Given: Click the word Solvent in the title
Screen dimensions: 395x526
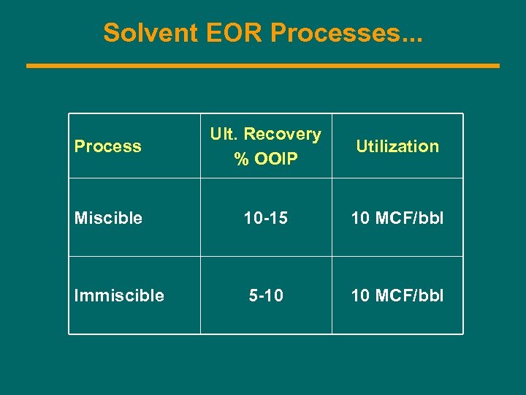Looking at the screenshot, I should pyautogui.click(x=146, y=33).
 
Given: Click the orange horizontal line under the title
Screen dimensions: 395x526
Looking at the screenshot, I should pyautogui.click(x=263, y=66).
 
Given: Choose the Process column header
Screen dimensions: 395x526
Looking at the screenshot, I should pyautogui.click(x=107, y=146).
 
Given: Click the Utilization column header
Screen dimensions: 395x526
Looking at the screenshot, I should pyautogui.click(x=397, y=146).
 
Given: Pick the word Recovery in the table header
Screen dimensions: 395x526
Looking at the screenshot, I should pyautogui.click(x=282, y=135).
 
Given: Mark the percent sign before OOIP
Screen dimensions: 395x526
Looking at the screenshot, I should pyautogui.click(x=241, y=158).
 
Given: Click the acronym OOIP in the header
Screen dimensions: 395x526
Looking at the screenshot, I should pyautogui.click(x=276, y=158).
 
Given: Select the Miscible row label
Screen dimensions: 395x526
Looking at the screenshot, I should pyautogui.click(x=108, y=218).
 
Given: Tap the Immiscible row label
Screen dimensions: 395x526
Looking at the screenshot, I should pyautogui.click(x=119, y=296).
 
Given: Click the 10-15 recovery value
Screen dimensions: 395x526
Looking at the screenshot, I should pyautogui.click(x=266, y=218).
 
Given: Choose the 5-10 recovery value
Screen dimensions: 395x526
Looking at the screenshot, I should pyautogui.click(x=266, y=296).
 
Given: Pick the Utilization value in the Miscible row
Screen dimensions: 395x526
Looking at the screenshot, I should pyautogui.click(x=397, y=218).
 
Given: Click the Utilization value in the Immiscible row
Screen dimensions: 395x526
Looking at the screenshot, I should pyautogui.click(x=397, y=296).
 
